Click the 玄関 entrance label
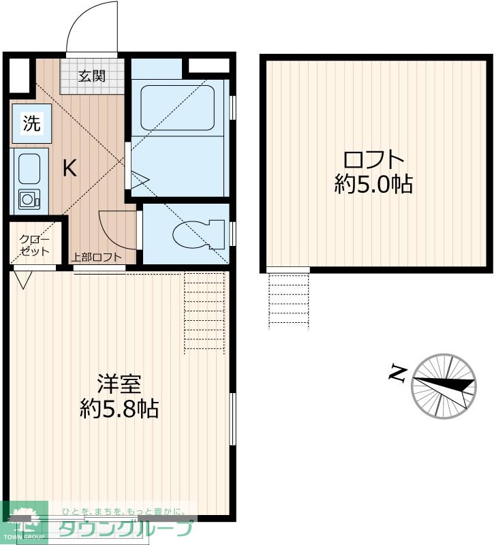pyautogui.click(x=91, y=76)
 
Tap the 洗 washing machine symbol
pyautogui.click(x=31, y=123)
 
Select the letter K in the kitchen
pyautogui.click(x=70, y=168)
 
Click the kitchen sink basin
pyautogui.click(x=29, y=168)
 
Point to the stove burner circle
pyautogui.click(x=28, y=200)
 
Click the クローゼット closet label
pyautogui.click(x=34, y=245)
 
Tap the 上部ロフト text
pyautogui.click(x=97, y=258)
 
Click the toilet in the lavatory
pyautogui.click(x=198, y=234)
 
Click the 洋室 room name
pyautogui.click(x=119, y=384)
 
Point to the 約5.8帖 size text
pyautogui.click(x=119, y=408)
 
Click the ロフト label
pyautogui.click(x=373, y=161)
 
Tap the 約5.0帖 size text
pyautogui.click(x=373, y=184)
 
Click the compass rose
pyautogui.click(x=444, y=386)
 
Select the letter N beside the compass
pyautogui.click(x=397, y=373)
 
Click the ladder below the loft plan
pyautogui.click(x=289, y=300)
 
